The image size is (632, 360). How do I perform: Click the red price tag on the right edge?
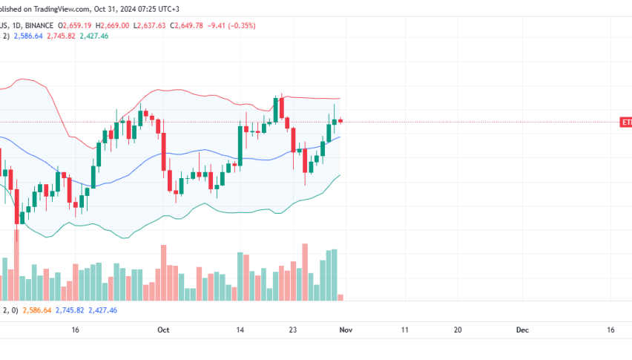(626, 122)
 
